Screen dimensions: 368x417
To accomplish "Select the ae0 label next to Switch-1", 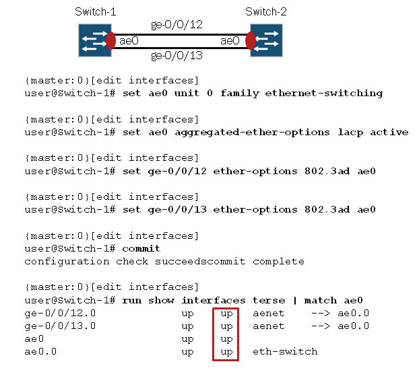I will point(129,41).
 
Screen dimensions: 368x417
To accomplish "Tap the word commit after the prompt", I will point(142,249).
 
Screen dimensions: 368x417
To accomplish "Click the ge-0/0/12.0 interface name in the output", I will point(60,313).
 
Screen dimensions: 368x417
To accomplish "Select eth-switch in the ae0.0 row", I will point(285,351).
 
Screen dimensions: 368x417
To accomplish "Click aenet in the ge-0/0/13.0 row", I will point(269,326).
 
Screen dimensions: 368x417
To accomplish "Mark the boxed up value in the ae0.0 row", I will point(226,351).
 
